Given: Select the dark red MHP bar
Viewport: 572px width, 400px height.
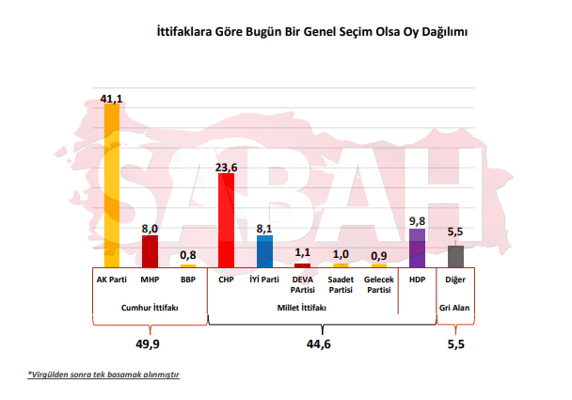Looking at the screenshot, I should coord(150,251).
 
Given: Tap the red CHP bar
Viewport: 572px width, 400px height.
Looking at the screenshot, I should coord(226,220).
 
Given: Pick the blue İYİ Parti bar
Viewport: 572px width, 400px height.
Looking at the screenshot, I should coord(264,251).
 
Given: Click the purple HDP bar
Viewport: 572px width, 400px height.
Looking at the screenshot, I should coord(417,248).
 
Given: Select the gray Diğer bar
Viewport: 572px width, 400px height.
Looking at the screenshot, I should coord(455,256).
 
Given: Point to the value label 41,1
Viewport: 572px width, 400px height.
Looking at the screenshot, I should coord(112,97).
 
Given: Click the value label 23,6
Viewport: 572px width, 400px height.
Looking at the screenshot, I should coord(226,168).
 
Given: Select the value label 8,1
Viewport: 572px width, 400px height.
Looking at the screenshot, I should coord(264,229).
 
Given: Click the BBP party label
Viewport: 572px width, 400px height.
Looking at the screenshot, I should coord(188,280).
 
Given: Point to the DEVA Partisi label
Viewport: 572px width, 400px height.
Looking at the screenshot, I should coord(302,284).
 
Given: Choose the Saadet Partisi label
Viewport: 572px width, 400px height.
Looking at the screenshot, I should coord(341,284).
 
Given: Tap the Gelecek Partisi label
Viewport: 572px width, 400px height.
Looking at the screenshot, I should coord(378,284).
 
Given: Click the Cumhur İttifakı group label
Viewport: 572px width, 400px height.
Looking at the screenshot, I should coord(150,308).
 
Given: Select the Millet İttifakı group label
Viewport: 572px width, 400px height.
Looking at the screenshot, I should coord(302,308).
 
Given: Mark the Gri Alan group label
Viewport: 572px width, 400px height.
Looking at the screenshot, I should coord(455,308).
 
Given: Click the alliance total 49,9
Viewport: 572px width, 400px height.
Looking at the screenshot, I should coord(150,344).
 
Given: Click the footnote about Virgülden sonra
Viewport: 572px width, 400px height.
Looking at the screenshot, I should coord(103,375).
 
